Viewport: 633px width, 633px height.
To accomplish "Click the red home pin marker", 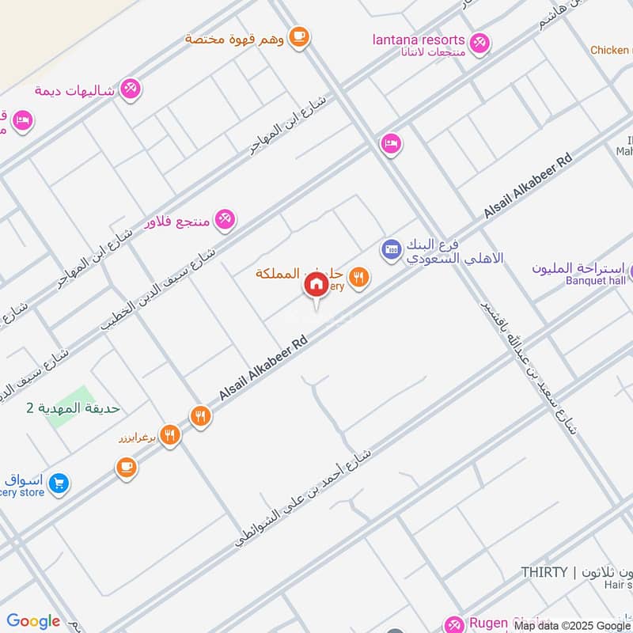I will coord(316,284).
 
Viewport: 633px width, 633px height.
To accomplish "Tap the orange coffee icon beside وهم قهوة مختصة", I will coord(298,36).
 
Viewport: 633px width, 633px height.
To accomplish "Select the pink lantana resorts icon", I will coord(479,43).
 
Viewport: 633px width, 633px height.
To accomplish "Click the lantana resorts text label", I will coord(419,40).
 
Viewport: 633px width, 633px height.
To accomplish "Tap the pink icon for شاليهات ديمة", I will coord(131,89).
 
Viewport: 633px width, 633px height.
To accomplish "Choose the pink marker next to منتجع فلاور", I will coord(226,221).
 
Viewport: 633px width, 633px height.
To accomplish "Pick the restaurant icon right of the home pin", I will coord(359,278).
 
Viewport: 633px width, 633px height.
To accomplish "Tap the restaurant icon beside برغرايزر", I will coord(169,434).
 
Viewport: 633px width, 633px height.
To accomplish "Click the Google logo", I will coord(33,621).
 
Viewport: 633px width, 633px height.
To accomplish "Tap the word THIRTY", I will coord(544,572).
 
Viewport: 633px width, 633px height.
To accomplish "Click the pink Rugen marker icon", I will coord(454,624).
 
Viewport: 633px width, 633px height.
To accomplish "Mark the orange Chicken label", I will coord(610,50).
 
